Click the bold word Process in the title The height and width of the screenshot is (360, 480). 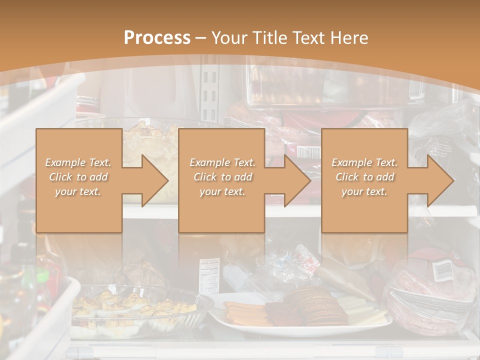tap(157, 37)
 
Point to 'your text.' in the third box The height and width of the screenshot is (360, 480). tap(364, 191)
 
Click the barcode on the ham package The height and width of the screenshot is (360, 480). tap(441, 270)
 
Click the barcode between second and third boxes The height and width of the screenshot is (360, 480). tap(309, 151)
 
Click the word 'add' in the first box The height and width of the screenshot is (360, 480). tap(98, 177)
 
